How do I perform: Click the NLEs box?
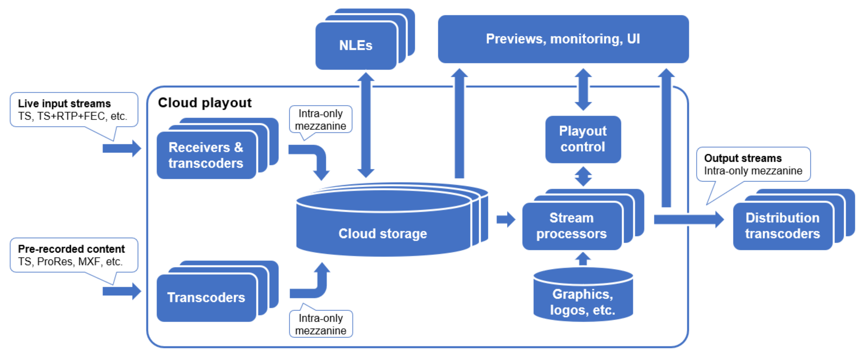tap(356, 46)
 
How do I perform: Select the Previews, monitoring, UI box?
tap(563, 39)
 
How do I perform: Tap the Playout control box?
tap(583, 139)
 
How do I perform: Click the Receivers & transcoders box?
tap(206, 155)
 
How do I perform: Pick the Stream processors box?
tap(571, 226)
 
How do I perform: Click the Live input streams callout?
tap(73, 110)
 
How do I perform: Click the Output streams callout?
tap(753, 164)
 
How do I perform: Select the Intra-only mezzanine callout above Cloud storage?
tap(320, 120)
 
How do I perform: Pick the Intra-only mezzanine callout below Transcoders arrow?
tap(320, 324)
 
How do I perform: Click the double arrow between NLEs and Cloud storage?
tap(366, 125)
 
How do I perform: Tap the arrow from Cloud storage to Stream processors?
tap(506, 220)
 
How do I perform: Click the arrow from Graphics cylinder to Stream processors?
tap(583, 259)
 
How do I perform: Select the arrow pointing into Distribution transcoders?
tap(688, 220)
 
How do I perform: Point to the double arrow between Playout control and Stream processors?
tap(583, 176)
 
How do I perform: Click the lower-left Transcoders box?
tap(206, 298)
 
